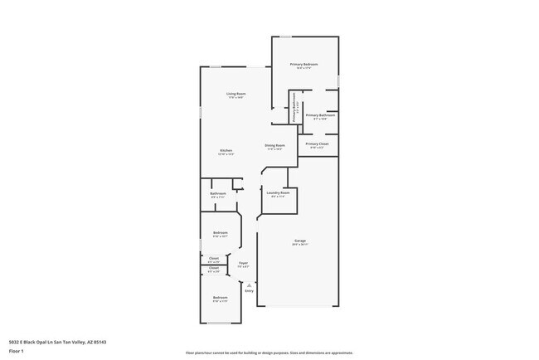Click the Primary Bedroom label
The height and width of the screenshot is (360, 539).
(303, 64)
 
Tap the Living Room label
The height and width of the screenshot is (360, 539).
(236, 94)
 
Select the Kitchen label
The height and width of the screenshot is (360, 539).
(226, 150)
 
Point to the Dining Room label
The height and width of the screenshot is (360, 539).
(274, 145)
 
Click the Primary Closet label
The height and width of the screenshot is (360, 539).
(317, 144)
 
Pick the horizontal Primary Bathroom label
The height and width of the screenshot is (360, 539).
(320, 115)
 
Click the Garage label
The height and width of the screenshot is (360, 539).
(299, 241)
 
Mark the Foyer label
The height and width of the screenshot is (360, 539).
(244, 263)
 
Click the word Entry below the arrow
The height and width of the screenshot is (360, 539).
(249, 291)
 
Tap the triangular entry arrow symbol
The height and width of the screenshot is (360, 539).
(249, 285)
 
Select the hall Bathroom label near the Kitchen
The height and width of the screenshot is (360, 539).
(218, 193)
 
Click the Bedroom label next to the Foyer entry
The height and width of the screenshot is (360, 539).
(220, 297)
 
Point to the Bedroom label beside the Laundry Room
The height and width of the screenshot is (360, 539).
(220, 232)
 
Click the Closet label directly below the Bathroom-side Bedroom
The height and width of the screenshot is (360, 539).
(214, 258)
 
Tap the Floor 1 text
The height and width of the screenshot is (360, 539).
(16, 351)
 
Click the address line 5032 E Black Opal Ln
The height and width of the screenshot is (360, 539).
(57, 342)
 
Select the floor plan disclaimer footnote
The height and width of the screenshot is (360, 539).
(269, 353)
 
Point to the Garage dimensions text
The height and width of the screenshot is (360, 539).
(299, 245)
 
